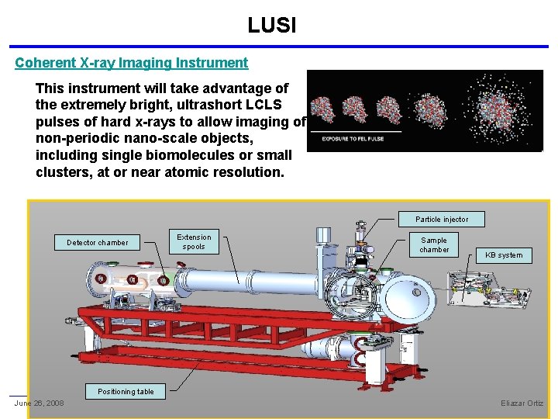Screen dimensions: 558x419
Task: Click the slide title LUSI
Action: (x=271, y=26)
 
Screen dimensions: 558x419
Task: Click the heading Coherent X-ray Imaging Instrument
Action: (x=131, y=63)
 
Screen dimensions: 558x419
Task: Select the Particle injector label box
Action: (x=442, y=220)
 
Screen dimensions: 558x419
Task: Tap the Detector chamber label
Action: (x=98, y=243)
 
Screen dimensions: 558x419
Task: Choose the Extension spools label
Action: (x=194, y=242)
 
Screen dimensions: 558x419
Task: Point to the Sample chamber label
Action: (x=434, y=245)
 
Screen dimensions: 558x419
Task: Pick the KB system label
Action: (x=504, y=255)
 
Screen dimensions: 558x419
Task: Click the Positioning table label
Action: (x=126, y=392)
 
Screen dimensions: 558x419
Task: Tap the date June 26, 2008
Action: (x=39, y=403)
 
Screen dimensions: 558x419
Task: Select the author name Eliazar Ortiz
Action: (x=522, y=403)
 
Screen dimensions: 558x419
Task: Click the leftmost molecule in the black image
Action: (x=322, y=109)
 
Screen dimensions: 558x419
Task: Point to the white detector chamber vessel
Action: (x=139, y=278)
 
